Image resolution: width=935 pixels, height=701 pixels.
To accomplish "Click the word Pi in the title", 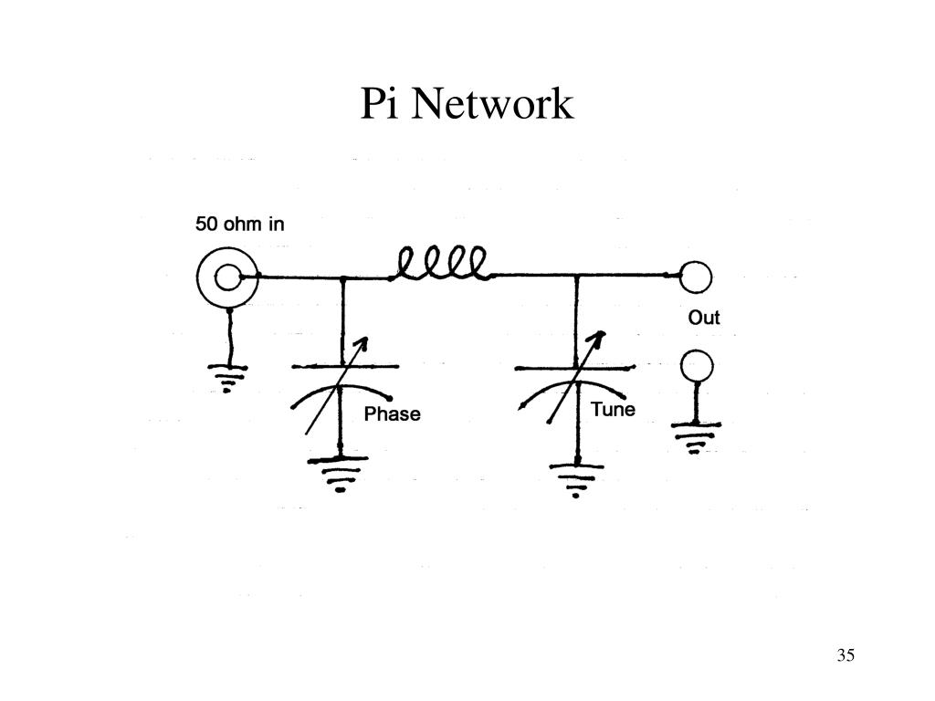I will click(x=380, y=104).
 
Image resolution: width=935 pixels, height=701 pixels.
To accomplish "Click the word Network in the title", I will click(x=491, y=104).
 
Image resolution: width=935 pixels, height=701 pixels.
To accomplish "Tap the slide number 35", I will click(x=845, y=655).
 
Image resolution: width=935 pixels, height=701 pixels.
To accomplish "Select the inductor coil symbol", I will click(x=442, y=265).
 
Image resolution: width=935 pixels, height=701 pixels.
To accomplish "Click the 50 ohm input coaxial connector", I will click(x=226, y=275).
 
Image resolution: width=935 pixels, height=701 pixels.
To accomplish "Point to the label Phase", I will click(x=393, y=414).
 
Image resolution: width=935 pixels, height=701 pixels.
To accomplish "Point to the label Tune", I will click(x=613, y=409).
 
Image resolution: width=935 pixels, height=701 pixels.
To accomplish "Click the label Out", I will click(x=704, y=318).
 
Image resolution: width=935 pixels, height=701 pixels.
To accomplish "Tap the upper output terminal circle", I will click(x=696, y=275).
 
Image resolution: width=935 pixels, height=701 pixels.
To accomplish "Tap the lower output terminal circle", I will click(x=698, y=367).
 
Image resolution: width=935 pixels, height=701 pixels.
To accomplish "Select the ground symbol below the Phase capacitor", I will click(x=341, y=474).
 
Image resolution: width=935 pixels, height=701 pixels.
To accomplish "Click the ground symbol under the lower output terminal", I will click(x=698, y=434).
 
